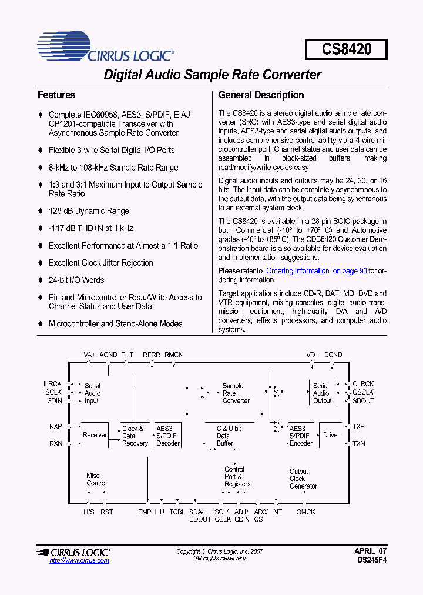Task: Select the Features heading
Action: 56,95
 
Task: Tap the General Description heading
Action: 261,95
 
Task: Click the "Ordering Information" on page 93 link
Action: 315,270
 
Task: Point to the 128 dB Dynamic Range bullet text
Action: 89,211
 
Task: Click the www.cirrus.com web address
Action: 79,561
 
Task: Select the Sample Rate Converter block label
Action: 236,393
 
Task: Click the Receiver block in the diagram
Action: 95,435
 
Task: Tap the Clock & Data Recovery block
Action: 135,436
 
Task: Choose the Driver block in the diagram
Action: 331,435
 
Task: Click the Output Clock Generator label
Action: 303,479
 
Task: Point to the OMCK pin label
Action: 305,512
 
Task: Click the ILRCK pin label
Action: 52,383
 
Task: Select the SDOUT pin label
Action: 363,400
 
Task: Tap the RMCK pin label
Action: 173,355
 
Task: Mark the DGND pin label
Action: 333,355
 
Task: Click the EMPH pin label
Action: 147,512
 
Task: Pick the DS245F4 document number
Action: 371,560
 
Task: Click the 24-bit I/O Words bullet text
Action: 76,280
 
